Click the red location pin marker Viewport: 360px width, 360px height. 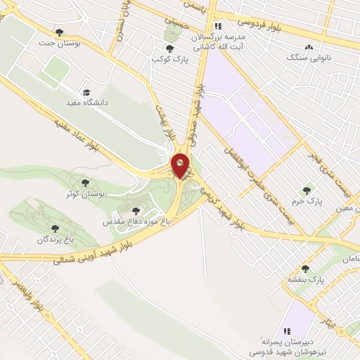180,165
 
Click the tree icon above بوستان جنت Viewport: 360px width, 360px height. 59,32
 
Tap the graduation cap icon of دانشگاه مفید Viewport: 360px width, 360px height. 86,92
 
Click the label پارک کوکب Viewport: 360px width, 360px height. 169,59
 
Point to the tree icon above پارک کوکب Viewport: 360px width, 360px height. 169,48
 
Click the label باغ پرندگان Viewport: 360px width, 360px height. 56,239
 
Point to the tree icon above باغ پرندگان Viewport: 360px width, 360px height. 56,228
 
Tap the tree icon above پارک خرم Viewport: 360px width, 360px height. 306,189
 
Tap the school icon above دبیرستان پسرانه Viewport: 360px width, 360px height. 285,330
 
